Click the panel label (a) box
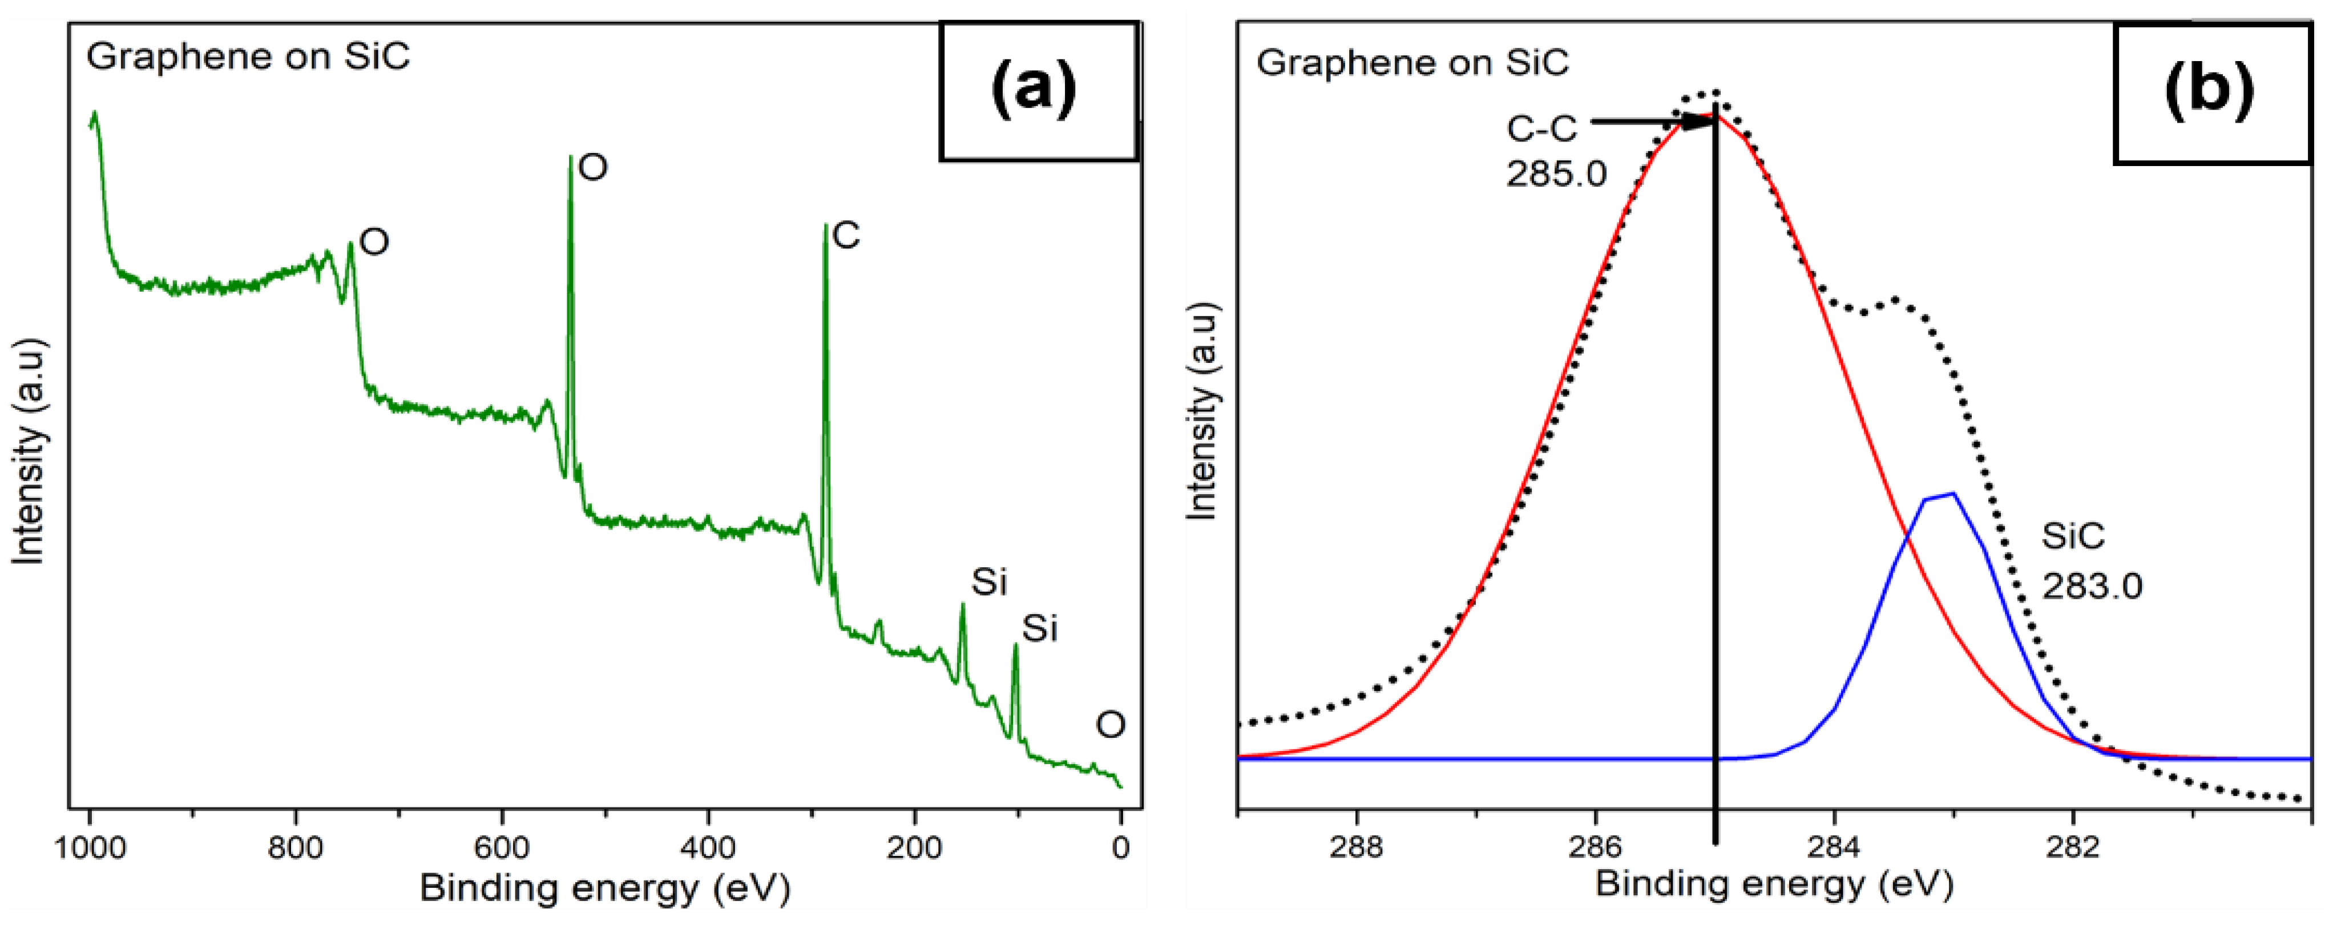tap(1038, 92)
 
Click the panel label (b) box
tap(2211, 94)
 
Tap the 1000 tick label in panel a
tap(89, 849)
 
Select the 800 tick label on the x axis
tap(295, 849)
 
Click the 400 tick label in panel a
tap(709, 849)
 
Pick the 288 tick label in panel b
tap(1357, 846)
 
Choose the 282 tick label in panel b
tap(2073, 846)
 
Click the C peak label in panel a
tap(846, 236)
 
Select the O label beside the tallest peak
tap(592, 167)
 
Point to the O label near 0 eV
tap(1111, 725)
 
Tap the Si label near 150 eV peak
tap(989, 582)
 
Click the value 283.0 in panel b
tap(2091, 587)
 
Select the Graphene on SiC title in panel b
tap(1412, 63)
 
